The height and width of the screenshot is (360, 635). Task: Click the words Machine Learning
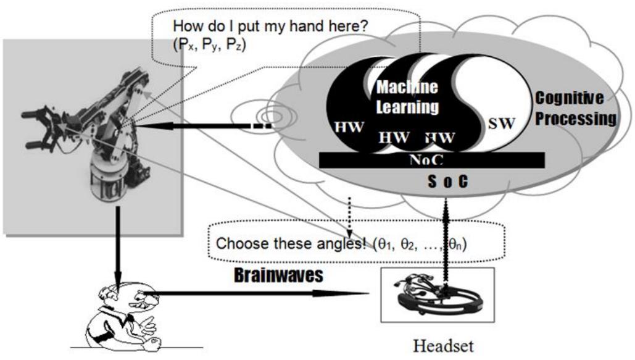coord(407,98)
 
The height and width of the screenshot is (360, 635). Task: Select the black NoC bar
coord(432,159)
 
